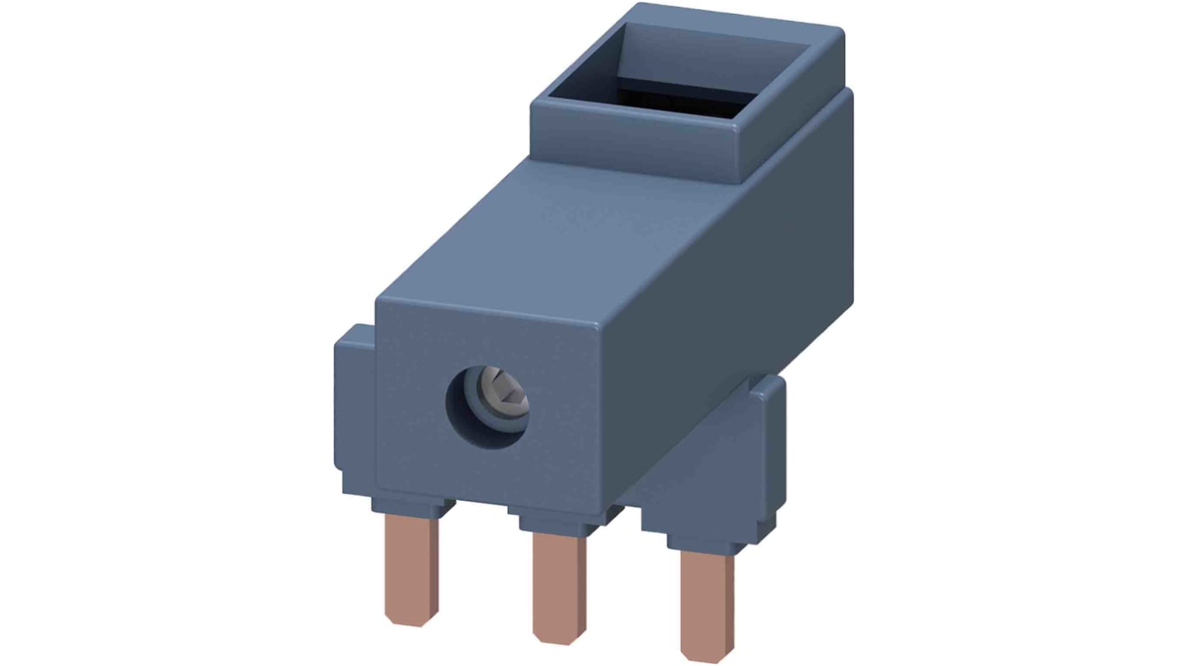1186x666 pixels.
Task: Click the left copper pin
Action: tap(411, 568)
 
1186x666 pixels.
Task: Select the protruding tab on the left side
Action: tap(355, 409)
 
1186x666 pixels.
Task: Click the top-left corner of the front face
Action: tap(380, 302)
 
